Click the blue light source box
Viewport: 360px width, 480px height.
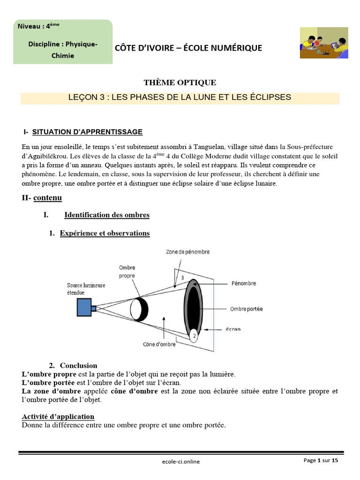tap(85, 307)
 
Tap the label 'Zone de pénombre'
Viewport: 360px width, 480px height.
tap(187, 252)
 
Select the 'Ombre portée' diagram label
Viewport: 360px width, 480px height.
tap(246, 309)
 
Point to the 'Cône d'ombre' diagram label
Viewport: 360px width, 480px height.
tap(159, 345)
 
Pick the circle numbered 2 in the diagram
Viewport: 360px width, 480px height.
tap(194, 335)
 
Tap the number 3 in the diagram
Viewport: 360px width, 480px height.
tap(182, 278)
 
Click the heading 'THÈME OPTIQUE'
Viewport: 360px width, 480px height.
tap(180, 83)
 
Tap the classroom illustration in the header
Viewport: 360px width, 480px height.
tap(323, 43)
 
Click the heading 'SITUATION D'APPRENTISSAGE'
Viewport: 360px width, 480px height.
tap(87, 132)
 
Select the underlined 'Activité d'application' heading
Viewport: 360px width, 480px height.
tap(58, 417)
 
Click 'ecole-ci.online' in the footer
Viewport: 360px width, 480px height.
tap(180, 462)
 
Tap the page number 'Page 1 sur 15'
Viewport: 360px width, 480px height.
tap(320, 461)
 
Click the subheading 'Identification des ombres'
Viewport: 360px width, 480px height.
tap(107, 215)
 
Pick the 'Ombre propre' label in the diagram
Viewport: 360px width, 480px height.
tap(127, 272)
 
